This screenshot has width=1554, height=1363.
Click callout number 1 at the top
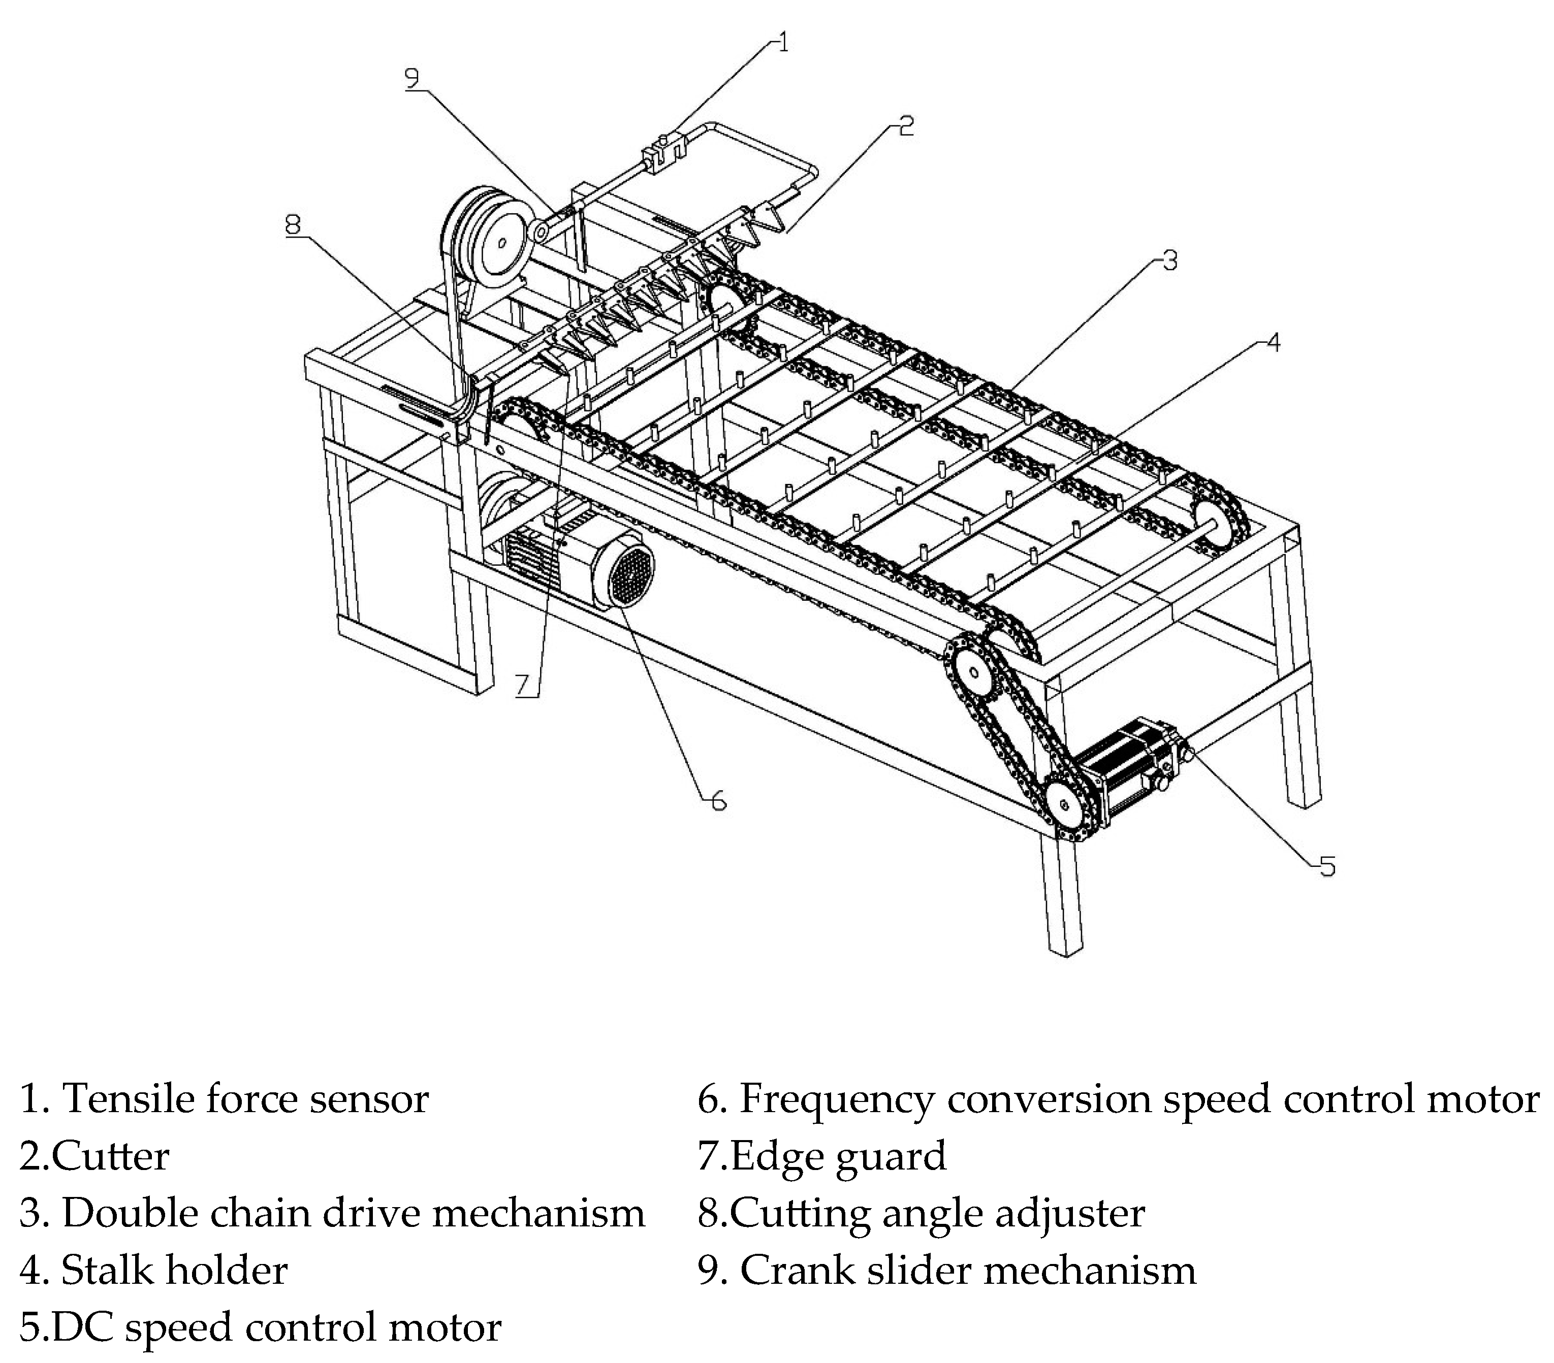coord(783,42)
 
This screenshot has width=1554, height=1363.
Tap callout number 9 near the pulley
coord(411,78)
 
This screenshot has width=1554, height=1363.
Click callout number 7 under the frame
coord(522,685)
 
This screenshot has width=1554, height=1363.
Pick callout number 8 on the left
coord(293,224)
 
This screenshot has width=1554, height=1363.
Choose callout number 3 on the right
coord(1170,260)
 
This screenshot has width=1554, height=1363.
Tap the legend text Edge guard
coord(839,1156)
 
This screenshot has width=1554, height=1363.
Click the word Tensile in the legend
coord(128,1099)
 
